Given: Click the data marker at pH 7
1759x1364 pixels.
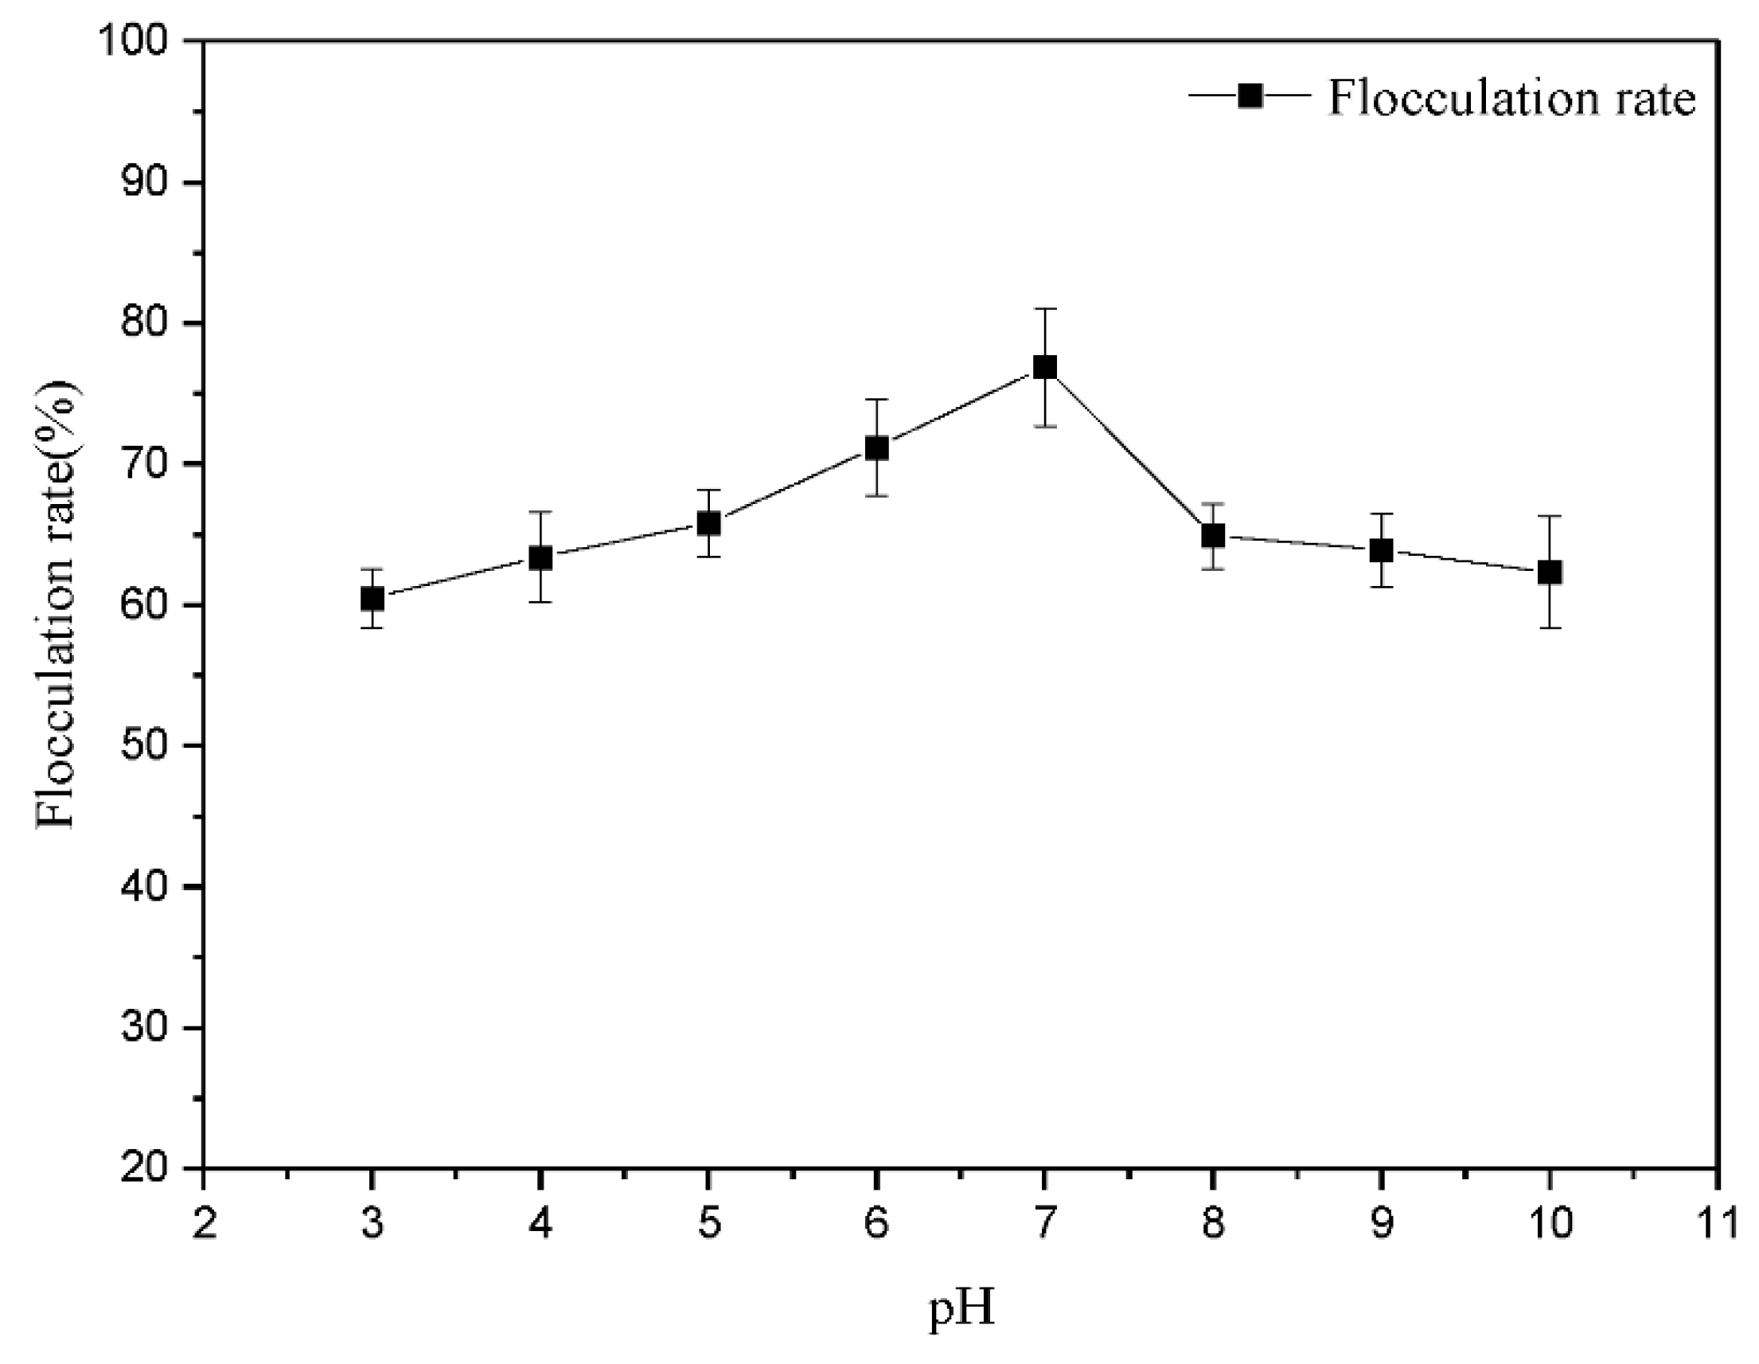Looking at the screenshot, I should (1044, 367).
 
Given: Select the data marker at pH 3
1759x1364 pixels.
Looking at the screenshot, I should (372, 599).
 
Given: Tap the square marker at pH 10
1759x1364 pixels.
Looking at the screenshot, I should (1550, 572).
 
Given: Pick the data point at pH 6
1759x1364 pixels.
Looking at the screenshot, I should (876, 448).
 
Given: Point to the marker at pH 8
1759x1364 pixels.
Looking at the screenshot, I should (1213, 535).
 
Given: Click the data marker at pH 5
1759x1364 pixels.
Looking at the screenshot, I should (708, 523).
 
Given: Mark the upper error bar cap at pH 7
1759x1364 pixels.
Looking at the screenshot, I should (1044, 309).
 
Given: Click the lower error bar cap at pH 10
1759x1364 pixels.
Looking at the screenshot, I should (1550, 627).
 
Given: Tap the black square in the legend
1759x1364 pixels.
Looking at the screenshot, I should (1250, 96).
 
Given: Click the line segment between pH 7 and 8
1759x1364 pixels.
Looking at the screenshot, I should (1129, 451).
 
